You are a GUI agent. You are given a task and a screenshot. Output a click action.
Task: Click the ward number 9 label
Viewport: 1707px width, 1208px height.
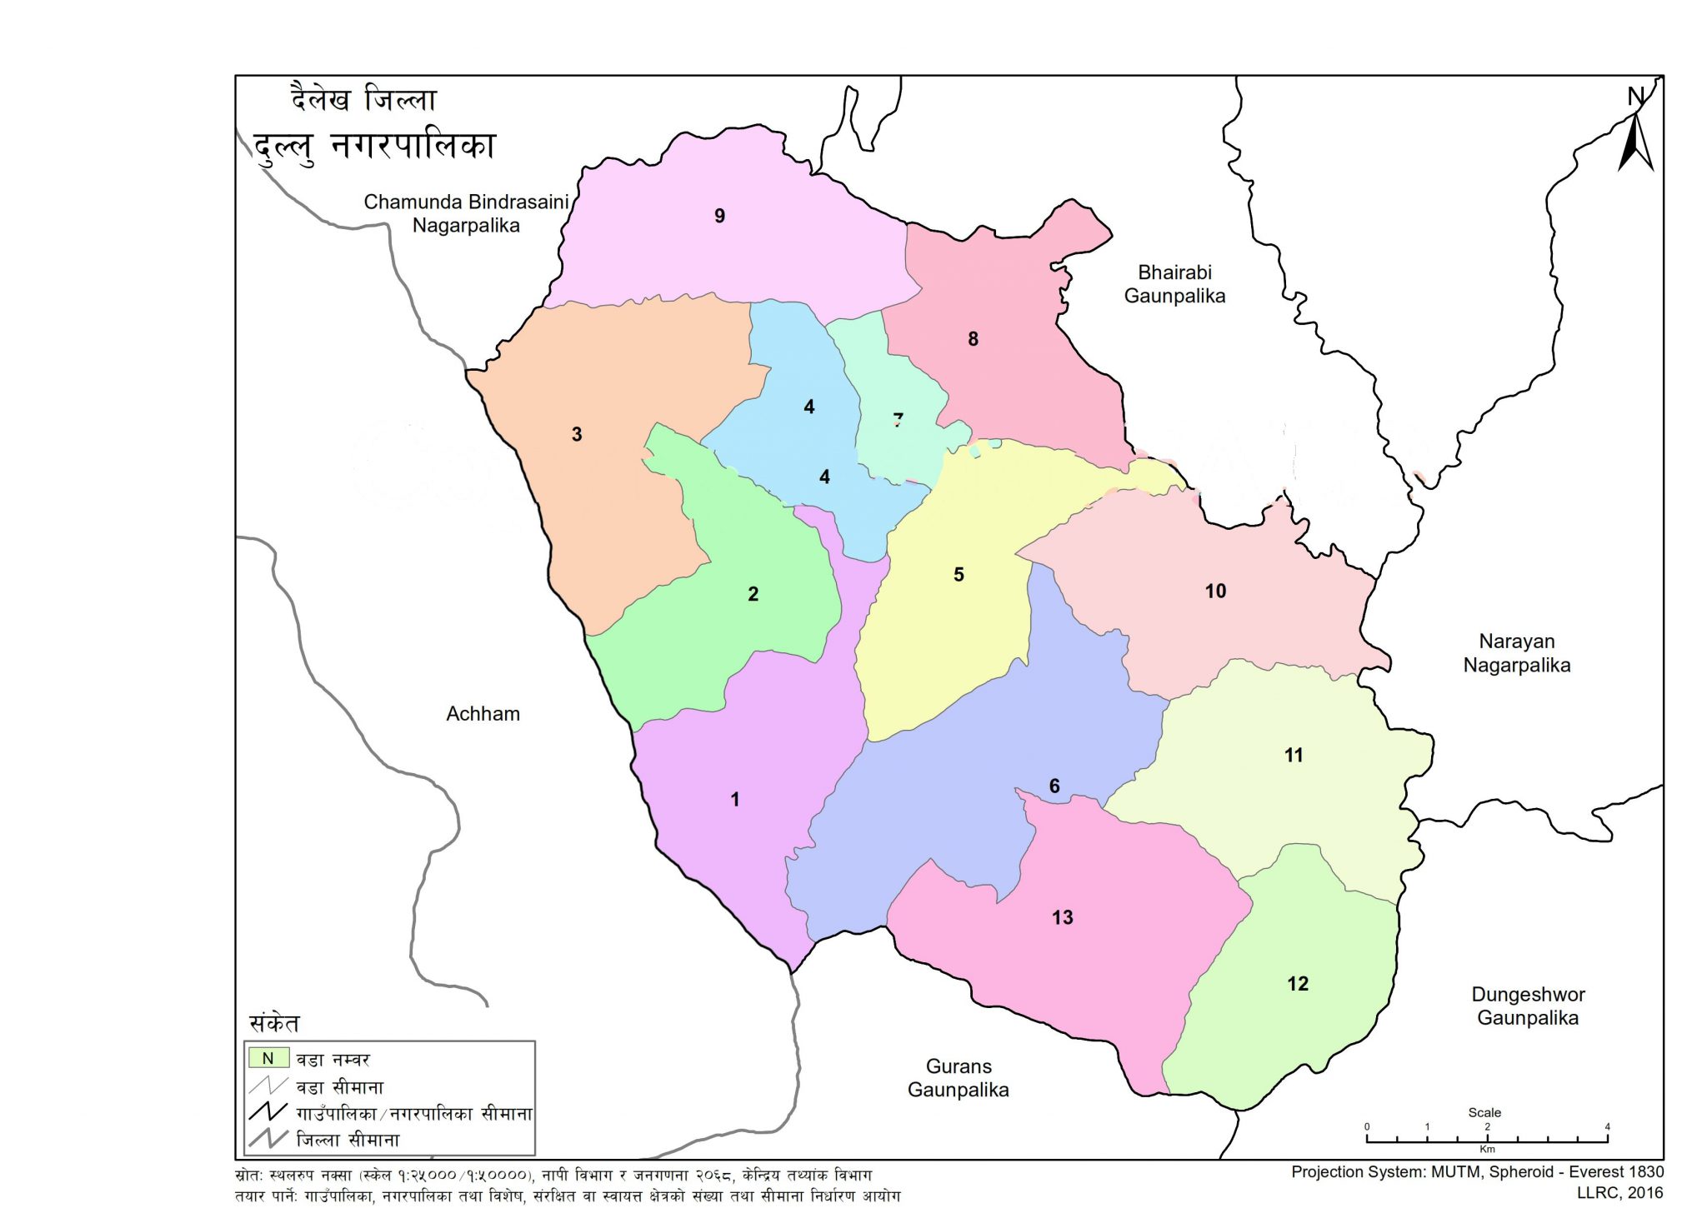pyautogui.click(x=719, y=217)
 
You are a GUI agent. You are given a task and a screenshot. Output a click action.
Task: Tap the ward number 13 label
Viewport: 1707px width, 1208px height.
pyautogui.click(x=1062, y=918)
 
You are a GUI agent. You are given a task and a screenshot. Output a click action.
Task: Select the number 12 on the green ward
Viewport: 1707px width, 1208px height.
pyautogui.click(x=1298, y=984)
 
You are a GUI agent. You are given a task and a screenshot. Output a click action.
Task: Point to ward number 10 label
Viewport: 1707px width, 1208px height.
pyautogui.click(x=1215, y=592)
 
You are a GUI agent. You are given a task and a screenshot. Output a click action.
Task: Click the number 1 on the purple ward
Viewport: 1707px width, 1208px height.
pyautogui.click(x=735, y=800)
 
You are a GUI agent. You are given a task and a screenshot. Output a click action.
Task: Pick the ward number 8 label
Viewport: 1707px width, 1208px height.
pyautogui.click(x=973, y=339)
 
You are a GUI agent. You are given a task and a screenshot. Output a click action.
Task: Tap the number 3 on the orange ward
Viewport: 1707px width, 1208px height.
pyautogui.click(x=577, y=434)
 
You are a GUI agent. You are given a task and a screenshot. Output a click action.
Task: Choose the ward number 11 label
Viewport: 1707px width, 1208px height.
pyautogui.click(x=1294, y=756)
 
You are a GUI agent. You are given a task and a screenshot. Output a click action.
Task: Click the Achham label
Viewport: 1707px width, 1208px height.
pyautogui.click(x=483, y=714)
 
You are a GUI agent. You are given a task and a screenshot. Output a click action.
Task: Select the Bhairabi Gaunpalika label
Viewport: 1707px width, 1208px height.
pyautogui.click(x=1174, y=284)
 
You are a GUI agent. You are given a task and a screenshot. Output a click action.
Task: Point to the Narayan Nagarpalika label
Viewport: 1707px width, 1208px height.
pyautogui.click(x=1516, y=653)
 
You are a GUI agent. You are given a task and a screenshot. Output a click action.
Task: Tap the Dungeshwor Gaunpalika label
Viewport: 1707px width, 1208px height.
pyautogui.click(x=1528, y=1006)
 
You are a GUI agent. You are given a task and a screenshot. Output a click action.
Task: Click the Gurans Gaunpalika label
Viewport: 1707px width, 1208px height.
pyautogui.click(x=959, y=1078)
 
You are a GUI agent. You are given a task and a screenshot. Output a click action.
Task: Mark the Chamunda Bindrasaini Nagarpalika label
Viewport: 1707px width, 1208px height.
pyautogui.click(x=466, y=213)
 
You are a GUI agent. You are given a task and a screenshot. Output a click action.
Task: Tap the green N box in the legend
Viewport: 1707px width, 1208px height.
pyautogui.click(x=268, y=1058)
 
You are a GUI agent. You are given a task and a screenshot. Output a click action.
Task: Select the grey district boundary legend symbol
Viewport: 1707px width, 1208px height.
pyautogui.click(x=268, y=1138)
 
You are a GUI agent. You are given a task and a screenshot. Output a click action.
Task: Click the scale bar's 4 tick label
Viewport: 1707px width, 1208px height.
pyautogui.click(x=1607, y=1127)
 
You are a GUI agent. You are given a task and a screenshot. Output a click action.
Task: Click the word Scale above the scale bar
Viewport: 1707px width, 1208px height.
pyautogui.click(x=1484, y=1113)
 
